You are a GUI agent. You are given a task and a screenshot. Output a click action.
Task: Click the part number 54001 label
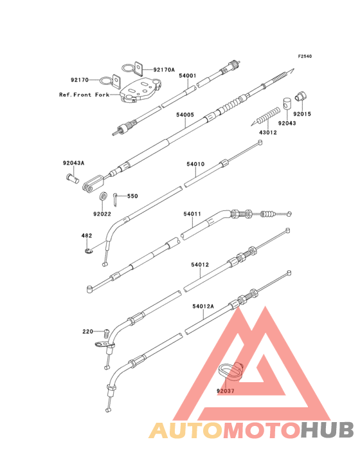[188, 76]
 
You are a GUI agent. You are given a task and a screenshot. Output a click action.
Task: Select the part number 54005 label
[185, 115]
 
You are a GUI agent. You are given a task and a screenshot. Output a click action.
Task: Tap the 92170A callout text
[164, 69]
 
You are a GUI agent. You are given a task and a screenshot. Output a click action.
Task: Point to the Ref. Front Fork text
[84, 95]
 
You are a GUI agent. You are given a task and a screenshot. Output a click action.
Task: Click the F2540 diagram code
[305, 56]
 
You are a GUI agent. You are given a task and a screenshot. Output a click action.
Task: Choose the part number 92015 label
[302, 114]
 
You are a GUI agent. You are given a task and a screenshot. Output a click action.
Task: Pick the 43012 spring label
[268, 132]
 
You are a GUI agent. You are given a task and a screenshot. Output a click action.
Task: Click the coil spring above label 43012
[265, 116]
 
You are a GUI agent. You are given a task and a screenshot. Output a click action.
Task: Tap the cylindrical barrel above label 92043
[287, 104]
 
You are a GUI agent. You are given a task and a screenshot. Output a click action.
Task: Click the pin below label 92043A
[72, 178]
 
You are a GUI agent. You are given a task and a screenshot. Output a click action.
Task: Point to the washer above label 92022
[103, 196]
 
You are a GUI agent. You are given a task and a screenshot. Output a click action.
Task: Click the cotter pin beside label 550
[116, 199]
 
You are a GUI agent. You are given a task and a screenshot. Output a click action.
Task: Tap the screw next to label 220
[105, 333]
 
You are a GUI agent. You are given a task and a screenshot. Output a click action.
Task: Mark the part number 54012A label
[203, 306]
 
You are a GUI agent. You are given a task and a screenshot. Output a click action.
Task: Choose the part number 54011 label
[192, 214]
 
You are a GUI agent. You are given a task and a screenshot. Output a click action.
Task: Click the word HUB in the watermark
[328, 430]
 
